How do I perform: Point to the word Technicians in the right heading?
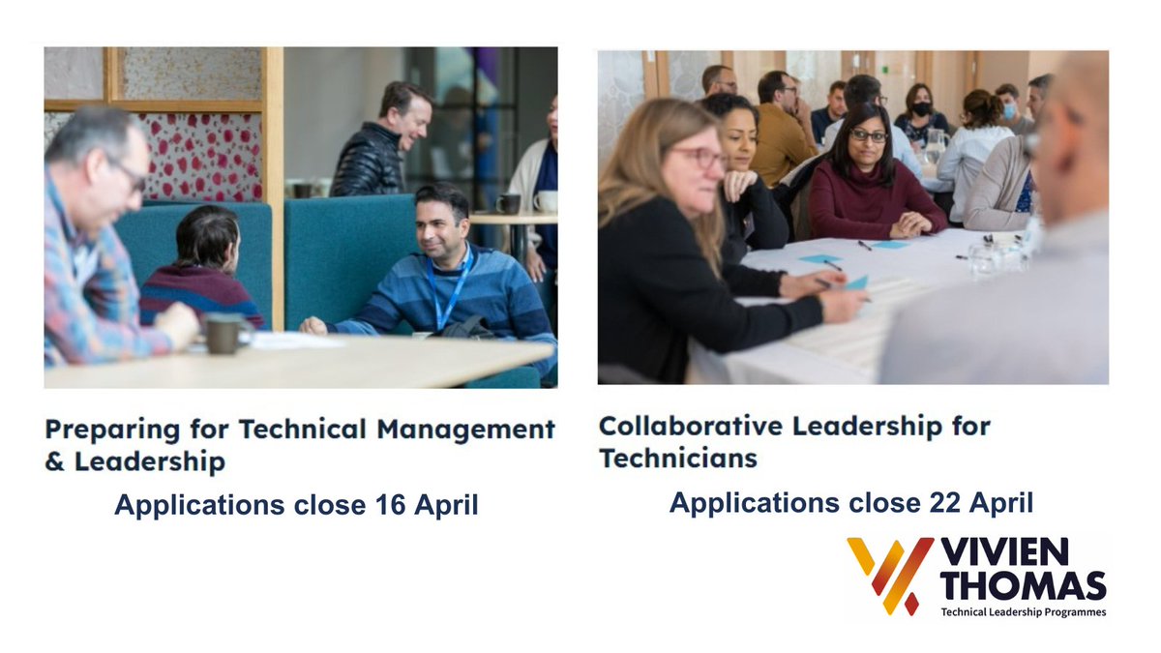[x=677, y=458]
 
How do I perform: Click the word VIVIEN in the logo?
[x=1004, y=552]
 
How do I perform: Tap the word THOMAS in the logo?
[x=1023, y=585]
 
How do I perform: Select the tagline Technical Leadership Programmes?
[x=1023, y=611]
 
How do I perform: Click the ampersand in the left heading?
[x=54, y=461]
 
